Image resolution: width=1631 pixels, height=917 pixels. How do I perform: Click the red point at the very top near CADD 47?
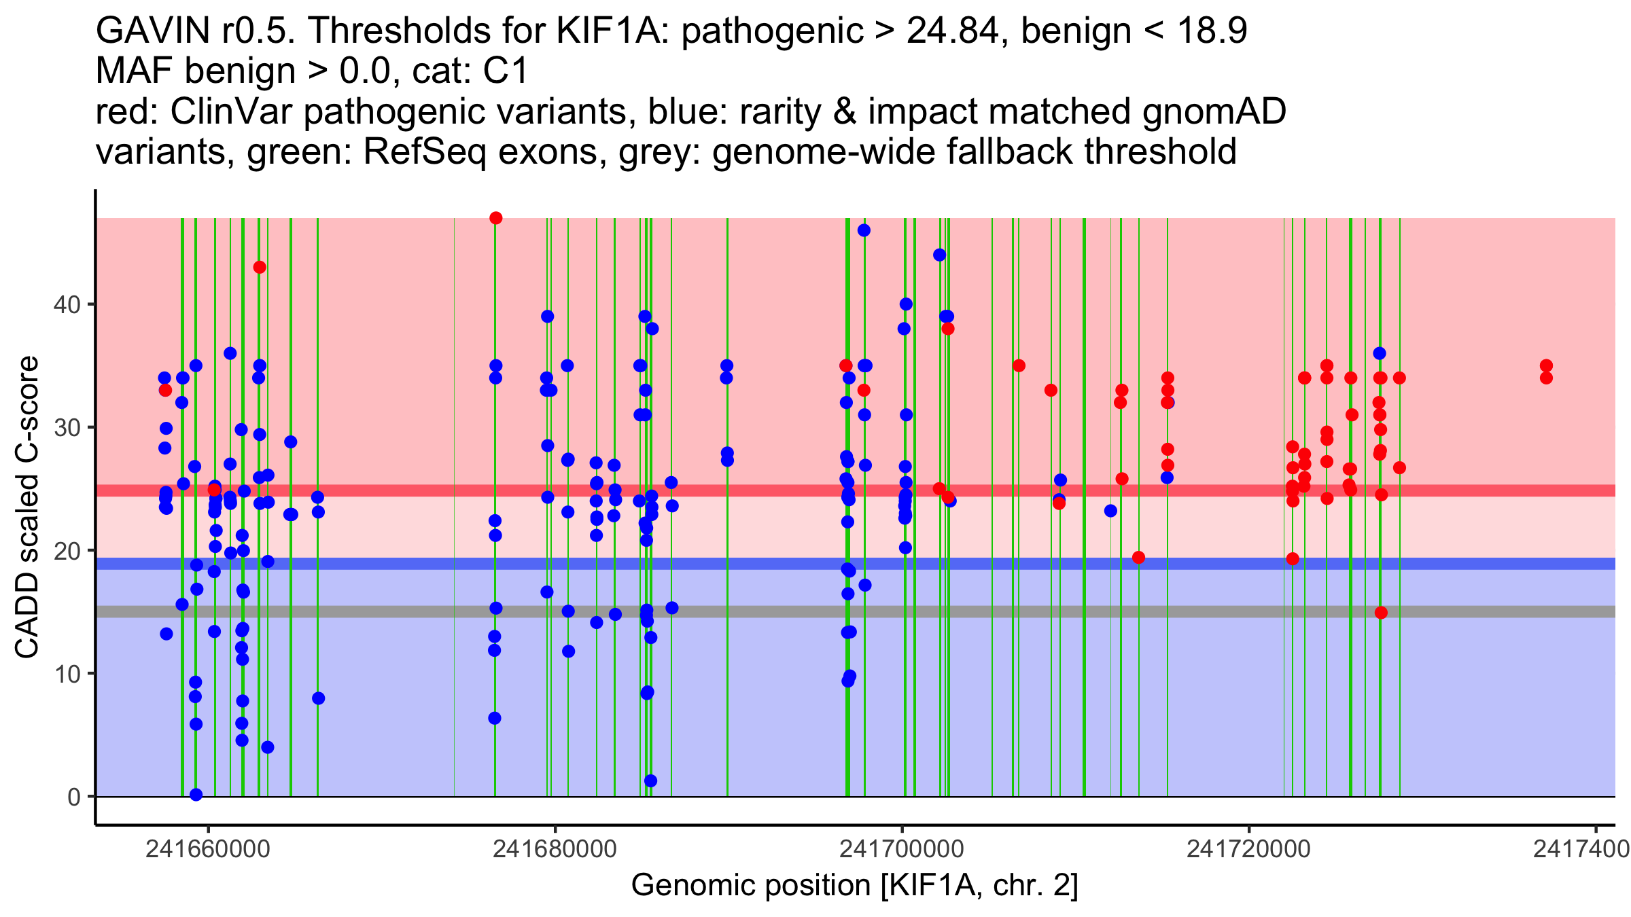tap(496, 218)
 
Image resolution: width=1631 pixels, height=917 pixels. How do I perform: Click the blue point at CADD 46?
tap(864, 230)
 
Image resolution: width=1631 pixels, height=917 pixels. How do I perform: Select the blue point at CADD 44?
tap(940, 255)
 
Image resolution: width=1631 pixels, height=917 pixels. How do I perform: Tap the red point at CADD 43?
tap(260, 268)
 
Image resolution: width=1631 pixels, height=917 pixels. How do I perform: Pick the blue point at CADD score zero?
tap(196, 795)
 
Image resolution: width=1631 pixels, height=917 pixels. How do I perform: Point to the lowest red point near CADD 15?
tap(1381, 613)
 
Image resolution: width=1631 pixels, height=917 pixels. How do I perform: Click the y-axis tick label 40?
tap(67, 304)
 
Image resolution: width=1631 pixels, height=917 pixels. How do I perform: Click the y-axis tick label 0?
tap(73, 797)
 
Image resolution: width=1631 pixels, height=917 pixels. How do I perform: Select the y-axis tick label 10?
tap(67, 674)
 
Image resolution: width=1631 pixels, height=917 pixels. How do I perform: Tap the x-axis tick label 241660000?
tap(208, 849)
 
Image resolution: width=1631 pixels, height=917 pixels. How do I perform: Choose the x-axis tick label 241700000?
tap(902, 849)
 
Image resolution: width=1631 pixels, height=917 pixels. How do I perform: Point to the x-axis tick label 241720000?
tap(1248, 849)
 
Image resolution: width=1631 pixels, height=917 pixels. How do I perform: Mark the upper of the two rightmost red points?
tap(1546, 365)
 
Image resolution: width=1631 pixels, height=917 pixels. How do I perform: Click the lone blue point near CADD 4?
tap(268, 747)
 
